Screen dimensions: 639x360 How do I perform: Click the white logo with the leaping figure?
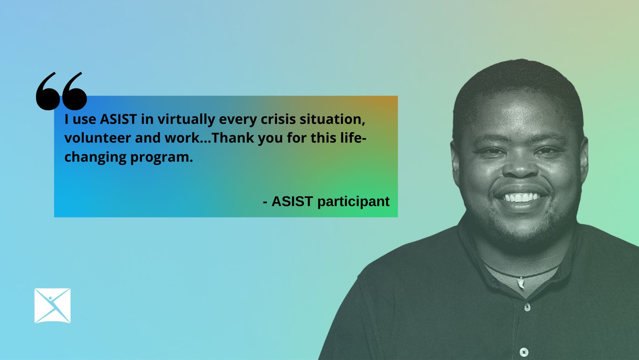(x=53, y=305)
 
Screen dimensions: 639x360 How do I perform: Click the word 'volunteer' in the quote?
(x=97, y=138)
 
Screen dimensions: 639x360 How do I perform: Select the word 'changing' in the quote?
(x=95, y=157)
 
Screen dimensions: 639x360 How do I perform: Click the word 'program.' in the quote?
(x=162, y=157)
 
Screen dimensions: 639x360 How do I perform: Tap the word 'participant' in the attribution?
(x=353, y=202)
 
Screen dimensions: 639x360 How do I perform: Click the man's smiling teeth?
(x=521, y=198)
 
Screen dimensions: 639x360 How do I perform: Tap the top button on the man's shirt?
(x=527, y=307)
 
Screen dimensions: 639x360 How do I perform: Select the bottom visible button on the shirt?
(x=524, y=352)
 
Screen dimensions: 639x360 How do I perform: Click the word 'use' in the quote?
(x=84, y=120)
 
